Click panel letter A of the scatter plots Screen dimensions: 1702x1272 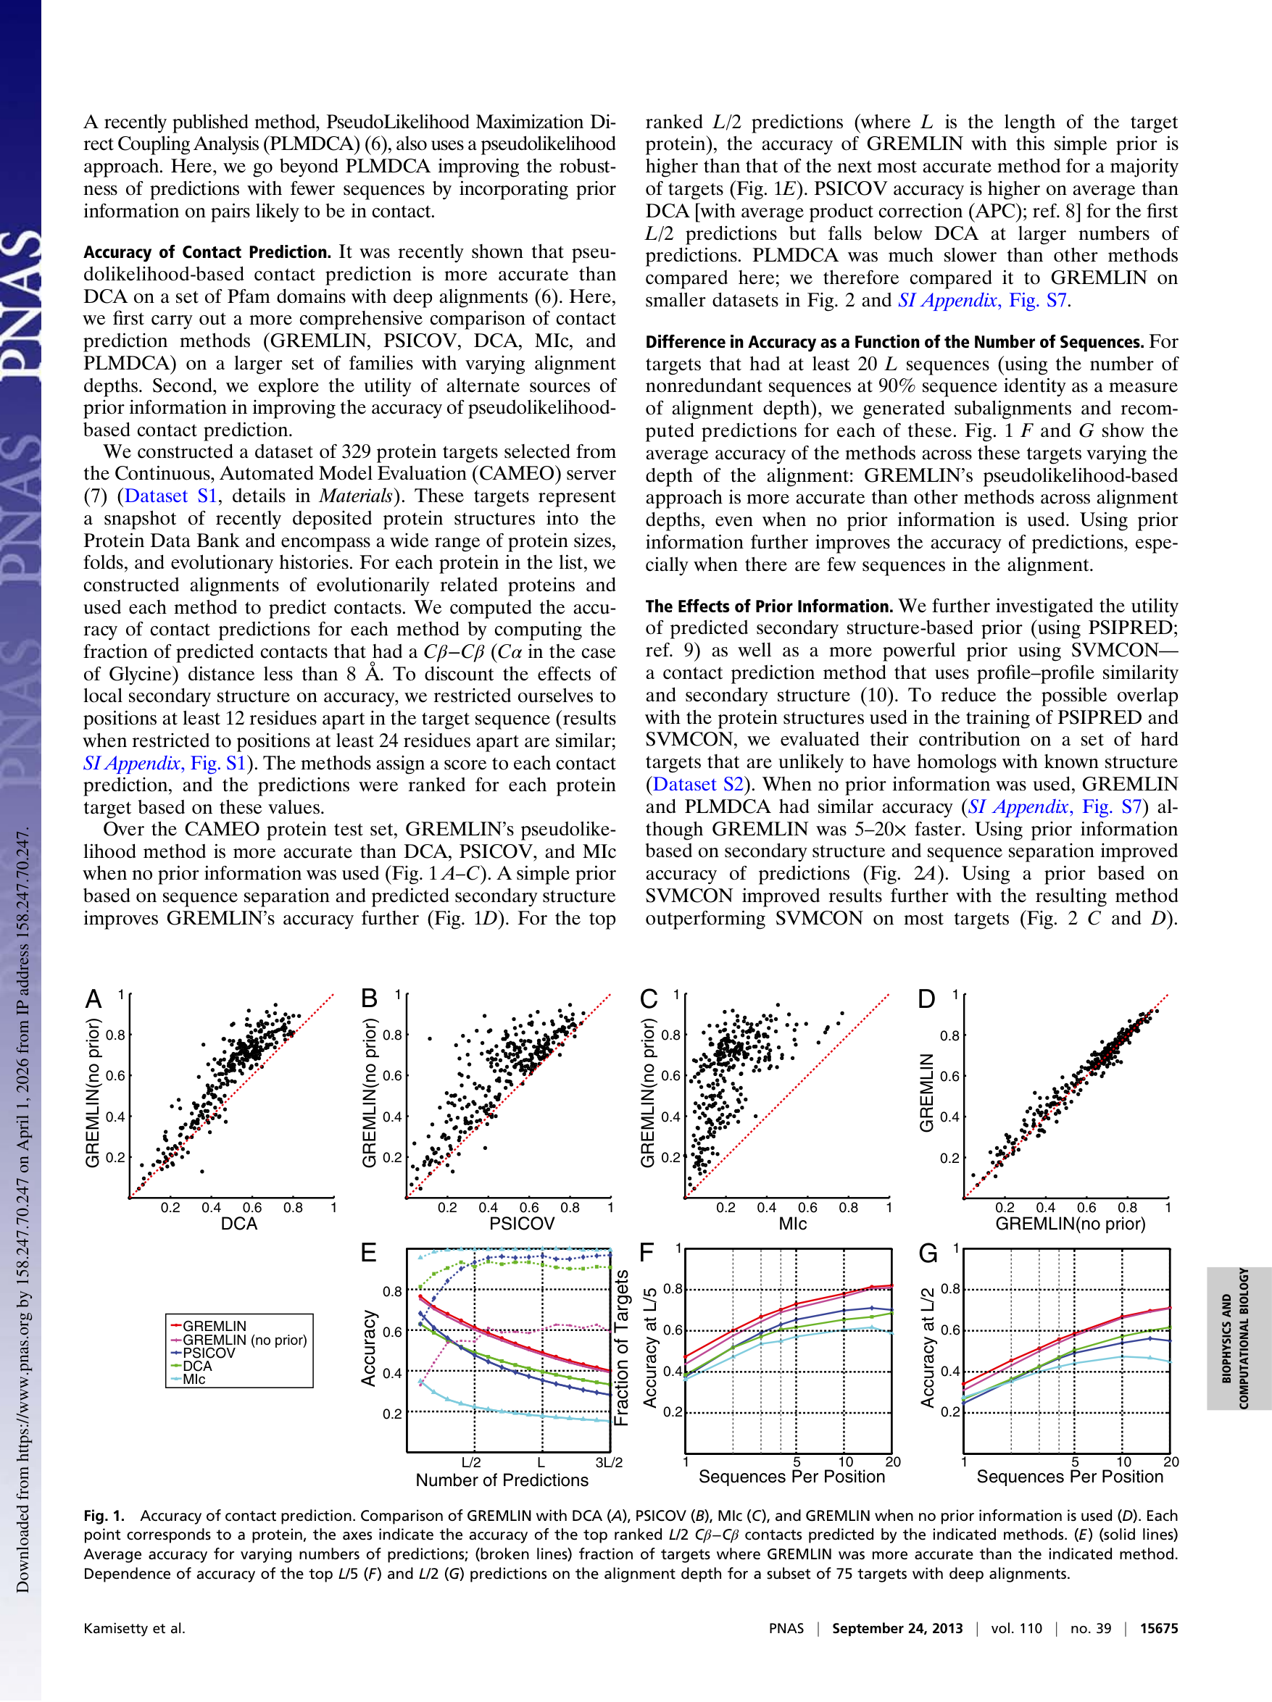[x=93, y=998]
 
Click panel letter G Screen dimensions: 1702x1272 [x=928, y=1253]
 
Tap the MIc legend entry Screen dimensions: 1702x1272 [x=194, y=1379]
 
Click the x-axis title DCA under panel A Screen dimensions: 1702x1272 [x=238, y=1223]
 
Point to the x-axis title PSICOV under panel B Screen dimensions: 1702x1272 [x=522, y=1223]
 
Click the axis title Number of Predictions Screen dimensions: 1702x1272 [x=502, y=1480]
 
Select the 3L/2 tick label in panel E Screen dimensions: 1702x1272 [x=609, y=1462]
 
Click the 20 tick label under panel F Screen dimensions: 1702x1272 [x=893, y=1461]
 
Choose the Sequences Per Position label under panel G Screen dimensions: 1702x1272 [x=1070, y=1477]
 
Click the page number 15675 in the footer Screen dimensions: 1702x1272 [x=1158, y=1628]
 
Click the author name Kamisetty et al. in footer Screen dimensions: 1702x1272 [x=135, y=1628]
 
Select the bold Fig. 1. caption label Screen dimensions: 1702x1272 [x=104, y=1516]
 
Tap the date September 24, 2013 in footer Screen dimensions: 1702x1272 [x=897, y=1628]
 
